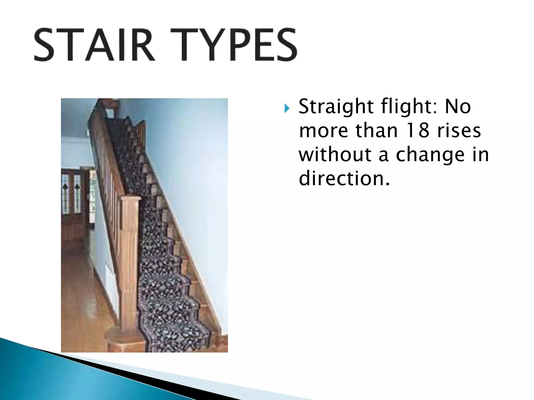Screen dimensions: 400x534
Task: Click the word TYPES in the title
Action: pyautogui.click(x=234, y=45)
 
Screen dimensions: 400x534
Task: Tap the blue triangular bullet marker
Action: pyautogui.click(x=287, y=108)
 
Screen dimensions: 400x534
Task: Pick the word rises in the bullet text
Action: pyautogui.click(x=459, y=130)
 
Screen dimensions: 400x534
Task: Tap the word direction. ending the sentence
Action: pyautogui.click(x=344, y=178)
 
